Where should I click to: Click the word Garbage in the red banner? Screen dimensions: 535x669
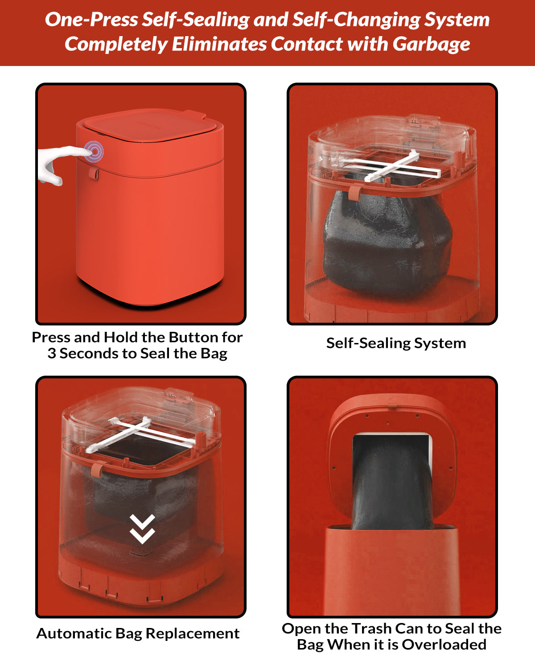point(431,44)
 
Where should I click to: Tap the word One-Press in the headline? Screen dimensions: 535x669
point(91,20)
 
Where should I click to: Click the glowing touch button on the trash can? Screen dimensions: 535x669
point(94,151)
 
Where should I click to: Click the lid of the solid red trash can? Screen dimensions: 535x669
point(150,125)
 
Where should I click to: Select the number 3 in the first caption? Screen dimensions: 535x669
point(52,354)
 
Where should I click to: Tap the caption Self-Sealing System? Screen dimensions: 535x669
point(396,343)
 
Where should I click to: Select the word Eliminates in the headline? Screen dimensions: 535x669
point(219,44)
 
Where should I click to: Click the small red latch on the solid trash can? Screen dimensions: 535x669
point(94,173)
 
